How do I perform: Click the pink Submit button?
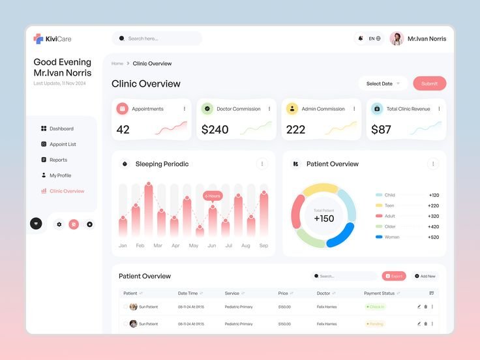click(429, 83)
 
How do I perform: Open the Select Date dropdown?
click(383, 83)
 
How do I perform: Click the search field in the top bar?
click(157, 38)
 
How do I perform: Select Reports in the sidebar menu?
click(58, 160)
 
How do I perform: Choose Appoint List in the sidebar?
click(63, 144)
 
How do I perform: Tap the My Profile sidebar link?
click(60, 175)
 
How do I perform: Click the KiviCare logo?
click(52, 39)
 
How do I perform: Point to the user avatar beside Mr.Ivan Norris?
click(397, 38)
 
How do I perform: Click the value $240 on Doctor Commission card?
click(215, 130)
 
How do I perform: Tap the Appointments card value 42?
click(123, 130)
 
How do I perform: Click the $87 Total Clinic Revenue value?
click(381, 130)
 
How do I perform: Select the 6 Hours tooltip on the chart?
click(213, 196)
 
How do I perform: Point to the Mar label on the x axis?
click(158, 246)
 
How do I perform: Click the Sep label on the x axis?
click(263, 246)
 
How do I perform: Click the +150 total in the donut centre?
click(323, 219)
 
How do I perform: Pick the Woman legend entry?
click(391, 237)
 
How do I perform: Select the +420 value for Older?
click(433, 227)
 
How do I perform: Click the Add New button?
click(425, 276)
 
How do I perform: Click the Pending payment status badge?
click(376, 324)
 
